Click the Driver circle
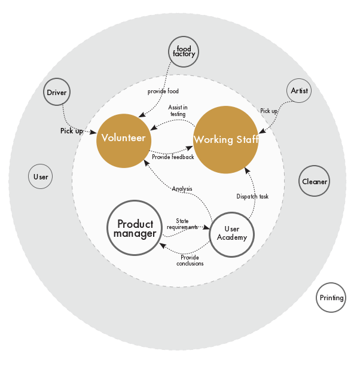(57, 92)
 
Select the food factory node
(184, 51)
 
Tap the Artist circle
(299, 90)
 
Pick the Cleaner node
(314, 181)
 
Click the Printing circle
(331, 297)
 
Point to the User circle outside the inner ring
(41, 176)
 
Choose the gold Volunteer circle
(124, 141)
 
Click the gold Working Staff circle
(226, 139)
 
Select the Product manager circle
(135, 228)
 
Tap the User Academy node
(232, 234)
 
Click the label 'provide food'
(163, 91)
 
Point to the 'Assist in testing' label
(178, 111)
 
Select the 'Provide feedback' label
(173, 157)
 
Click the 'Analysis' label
(182, 188)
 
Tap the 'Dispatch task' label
(252, 196)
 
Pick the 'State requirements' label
(182, 224)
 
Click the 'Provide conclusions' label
(190, 260)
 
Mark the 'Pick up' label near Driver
(71, 131)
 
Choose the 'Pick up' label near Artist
(269, 111)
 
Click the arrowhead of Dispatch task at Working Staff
(247, 170)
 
